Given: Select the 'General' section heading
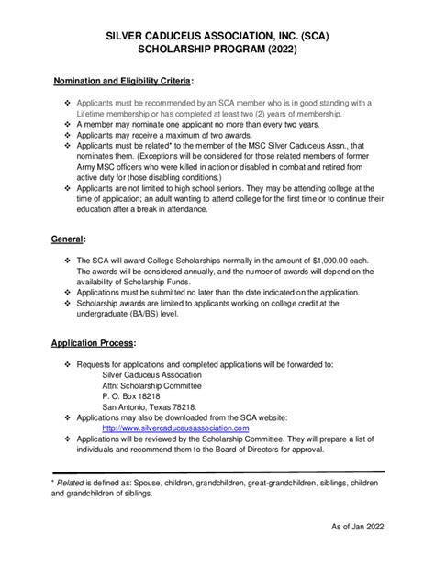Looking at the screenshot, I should [x=70, y=239].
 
